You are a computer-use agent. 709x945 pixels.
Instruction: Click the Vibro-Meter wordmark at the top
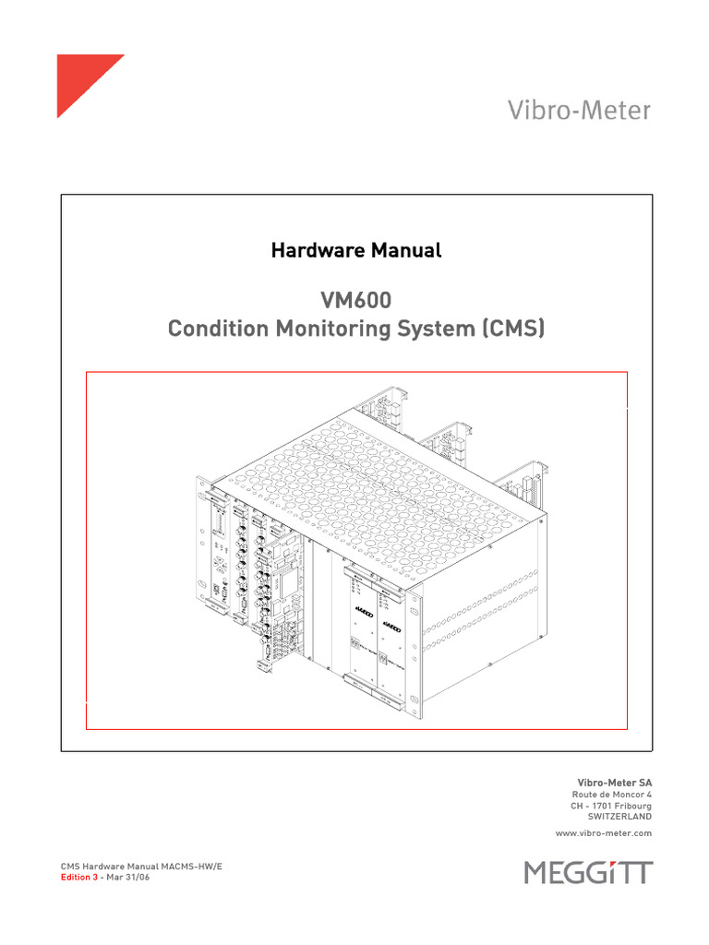pyautogui.click(x=579, y=111)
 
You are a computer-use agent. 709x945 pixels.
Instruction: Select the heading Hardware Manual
pyautogui.click(x=355, y=250)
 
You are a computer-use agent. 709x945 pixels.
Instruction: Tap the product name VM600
pyautogui.click(x=355, y=300)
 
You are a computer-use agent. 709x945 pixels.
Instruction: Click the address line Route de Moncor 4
pyautogui.click(x=612, y=794)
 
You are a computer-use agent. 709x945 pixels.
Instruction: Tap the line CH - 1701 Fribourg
pyautogui.click(x=611, y=805)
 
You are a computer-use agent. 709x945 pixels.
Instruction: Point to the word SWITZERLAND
pyautogui.click(x=619, y=816)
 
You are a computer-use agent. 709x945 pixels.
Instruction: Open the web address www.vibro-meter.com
pyautogui.click(x=603, y=832)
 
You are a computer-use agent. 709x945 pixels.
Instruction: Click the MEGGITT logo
pyautogui.click(x=588, y=872)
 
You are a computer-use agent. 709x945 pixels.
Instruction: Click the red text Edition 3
pyautogui.click(x=78, y=878)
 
